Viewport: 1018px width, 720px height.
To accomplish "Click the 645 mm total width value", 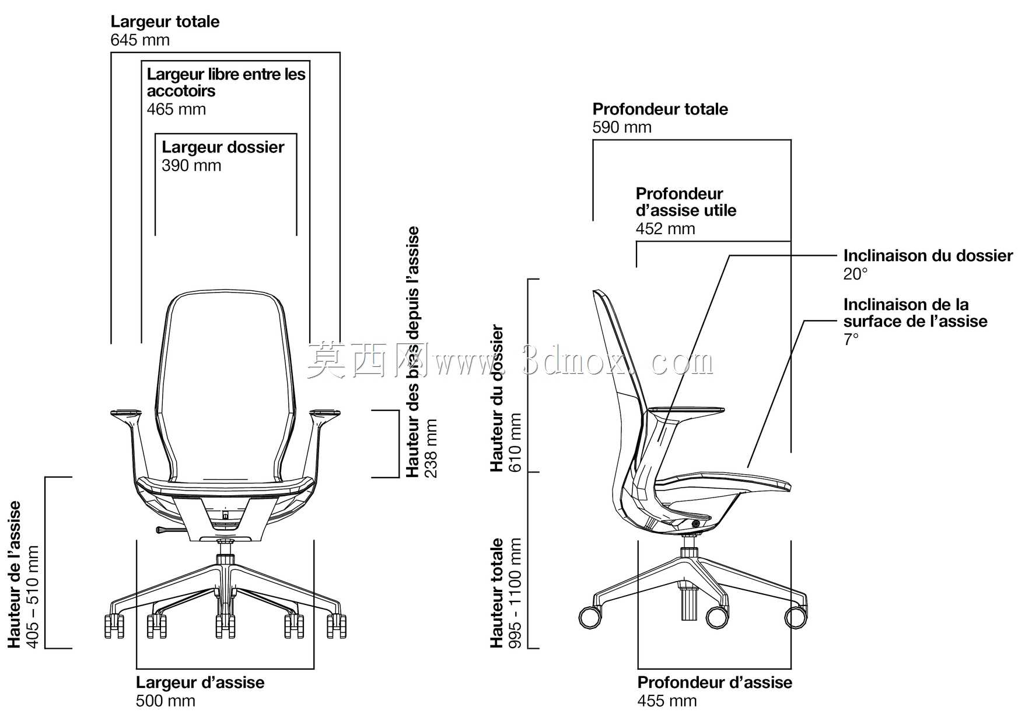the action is (140, 40).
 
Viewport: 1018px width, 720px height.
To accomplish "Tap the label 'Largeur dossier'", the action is (223, 147).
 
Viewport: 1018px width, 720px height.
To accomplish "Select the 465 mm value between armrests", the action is (176, 109).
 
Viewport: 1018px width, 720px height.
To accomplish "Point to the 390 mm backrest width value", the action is (191, 165).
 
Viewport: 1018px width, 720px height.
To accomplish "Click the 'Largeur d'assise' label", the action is (200, 682).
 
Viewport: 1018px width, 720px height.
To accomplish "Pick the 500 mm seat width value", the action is (166, 701).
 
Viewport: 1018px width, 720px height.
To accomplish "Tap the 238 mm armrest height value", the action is (431, 448).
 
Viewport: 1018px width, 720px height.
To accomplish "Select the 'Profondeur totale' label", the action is (660, 109).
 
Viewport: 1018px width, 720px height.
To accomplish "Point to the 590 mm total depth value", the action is (622, 127).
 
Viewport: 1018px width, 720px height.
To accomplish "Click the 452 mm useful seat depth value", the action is (666, 228).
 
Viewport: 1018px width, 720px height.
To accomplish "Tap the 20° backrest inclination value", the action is (855, 274).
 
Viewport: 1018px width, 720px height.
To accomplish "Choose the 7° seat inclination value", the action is (851, 339).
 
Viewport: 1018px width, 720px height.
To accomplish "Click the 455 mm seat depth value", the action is (667, 701).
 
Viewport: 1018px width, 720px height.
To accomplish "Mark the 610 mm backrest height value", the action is (515, 443).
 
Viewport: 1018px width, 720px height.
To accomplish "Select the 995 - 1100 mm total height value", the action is (515, 593).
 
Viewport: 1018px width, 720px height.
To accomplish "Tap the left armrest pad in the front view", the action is (125, 413).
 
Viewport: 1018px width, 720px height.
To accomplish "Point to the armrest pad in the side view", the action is (686, 411).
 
